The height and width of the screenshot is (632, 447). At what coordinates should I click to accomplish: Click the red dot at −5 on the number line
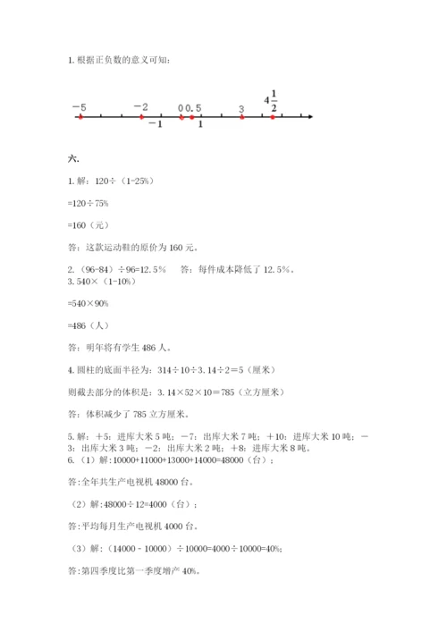[x=80, y=117]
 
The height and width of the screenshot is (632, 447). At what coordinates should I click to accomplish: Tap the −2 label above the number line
[x=140, y=107]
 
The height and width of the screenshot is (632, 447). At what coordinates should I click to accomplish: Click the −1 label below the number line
[x=155, y=124]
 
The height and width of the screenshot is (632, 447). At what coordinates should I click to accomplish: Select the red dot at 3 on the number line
[x=241, y=117]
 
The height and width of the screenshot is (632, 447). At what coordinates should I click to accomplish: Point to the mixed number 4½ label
[x=270, y=101]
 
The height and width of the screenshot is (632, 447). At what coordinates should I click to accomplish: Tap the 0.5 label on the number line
[x=194, y=108]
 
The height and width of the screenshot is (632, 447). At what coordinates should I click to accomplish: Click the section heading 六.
[x=73, y=159]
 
